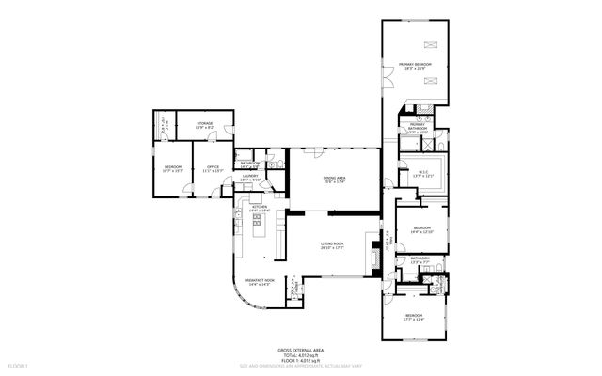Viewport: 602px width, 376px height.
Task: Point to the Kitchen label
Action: [x=261, y=210]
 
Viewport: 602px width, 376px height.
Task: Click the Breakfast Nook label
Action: [x=259, y=282]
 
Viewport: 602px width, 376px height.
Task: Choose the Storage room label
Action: [x=204, y=126]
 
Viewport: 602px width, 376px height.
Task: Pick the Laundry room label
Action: [x=249, y=177]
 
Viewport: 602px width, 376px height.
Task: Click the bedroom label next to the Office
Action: [x=173, y=168]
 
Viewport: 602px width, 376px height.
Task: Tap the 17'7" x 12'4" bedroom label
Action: [x=414, y=317]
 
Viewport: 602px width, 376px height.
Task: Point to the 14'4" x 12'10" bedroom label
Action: [x=420, y=229]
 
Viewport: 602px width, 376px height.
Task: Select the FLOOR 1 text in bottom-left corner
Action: [x=19, y=364]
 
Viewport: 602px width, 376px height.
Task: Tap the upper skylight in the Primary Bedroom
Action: [x=432, y=43]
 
